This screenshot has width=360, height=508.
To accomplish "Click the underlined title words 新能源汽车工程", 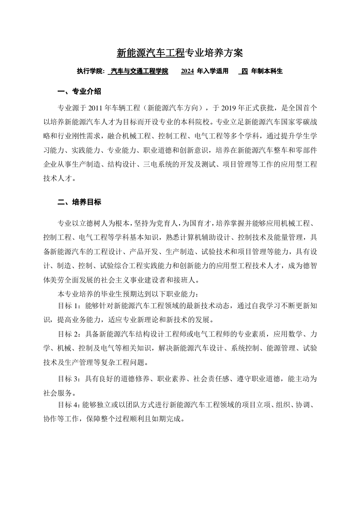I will click(x=150, y=53).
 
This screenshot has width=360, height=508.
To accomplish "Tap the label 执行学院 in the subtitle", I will click(x=90, y=71).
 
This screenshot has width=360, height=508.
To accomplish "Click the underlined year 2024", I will click(x=187, y=71).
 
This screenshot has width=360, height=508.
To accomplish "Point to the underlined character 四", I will click(x=244, y=71).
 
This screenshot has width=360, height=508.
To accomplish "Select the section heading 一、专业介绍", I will click(x=79, y=91).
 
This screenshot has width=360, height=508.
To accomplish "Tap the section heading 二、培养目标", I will click(x=79, y=202).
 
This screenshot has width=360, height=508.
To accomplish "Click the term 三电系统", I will click(x=158, y=164).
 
